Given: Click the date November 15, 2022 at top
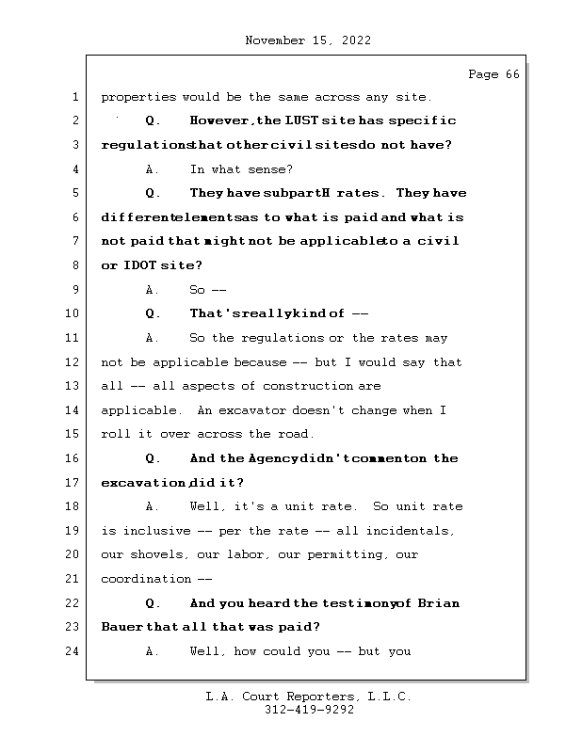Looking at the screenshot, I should click(x=307, y=40).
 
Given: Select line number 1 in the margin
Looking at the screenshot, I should click(x=74, y=97).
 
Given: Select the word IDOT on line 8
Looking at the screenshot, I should click(x=139, y=265).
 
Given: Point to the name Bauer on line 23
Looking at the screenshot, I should click(x=121, y=627).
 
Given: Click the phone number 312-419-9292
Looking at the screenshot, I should click(x=308, y=711).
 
